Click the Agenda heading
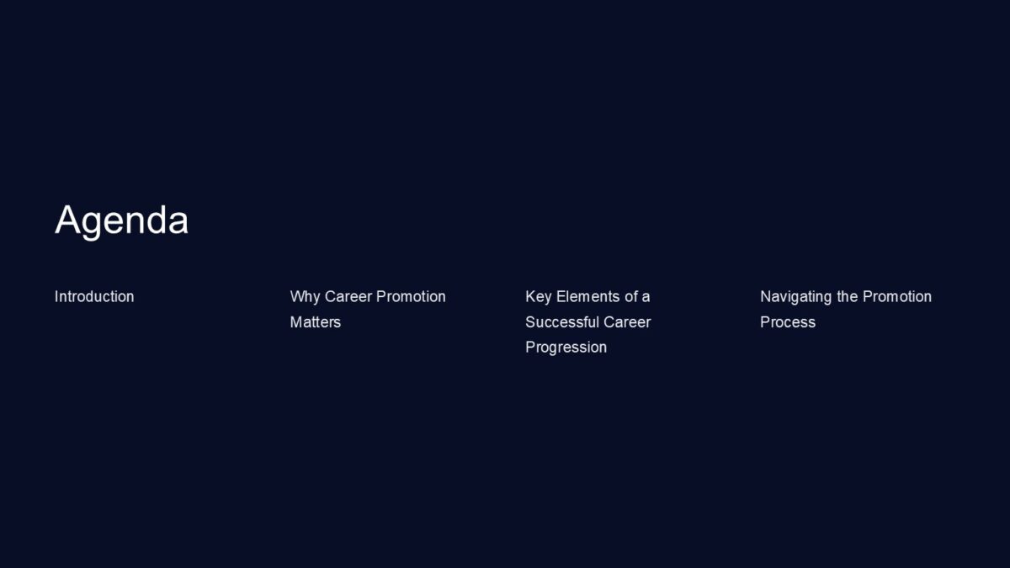click(121, 220)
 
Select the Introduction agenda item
click(94, 296)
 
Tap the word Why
click(305, 296)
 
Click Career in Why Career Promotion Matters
click(348, 296)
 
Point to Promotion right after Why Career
click(411, 296)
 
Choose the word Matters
click(316, 321)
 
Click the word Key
click(539, 296)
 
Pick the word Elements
click(587, 296)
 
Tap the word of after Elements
click(630, 296)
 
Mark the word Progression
click(566, 347)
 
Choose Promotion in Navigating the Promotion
click(897, 296)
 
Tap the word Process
click(788, 321)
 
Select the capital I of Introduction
click(56, 296)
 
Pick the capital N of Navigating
click(766, 296)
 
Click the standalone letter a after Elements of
click(646, 297)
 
